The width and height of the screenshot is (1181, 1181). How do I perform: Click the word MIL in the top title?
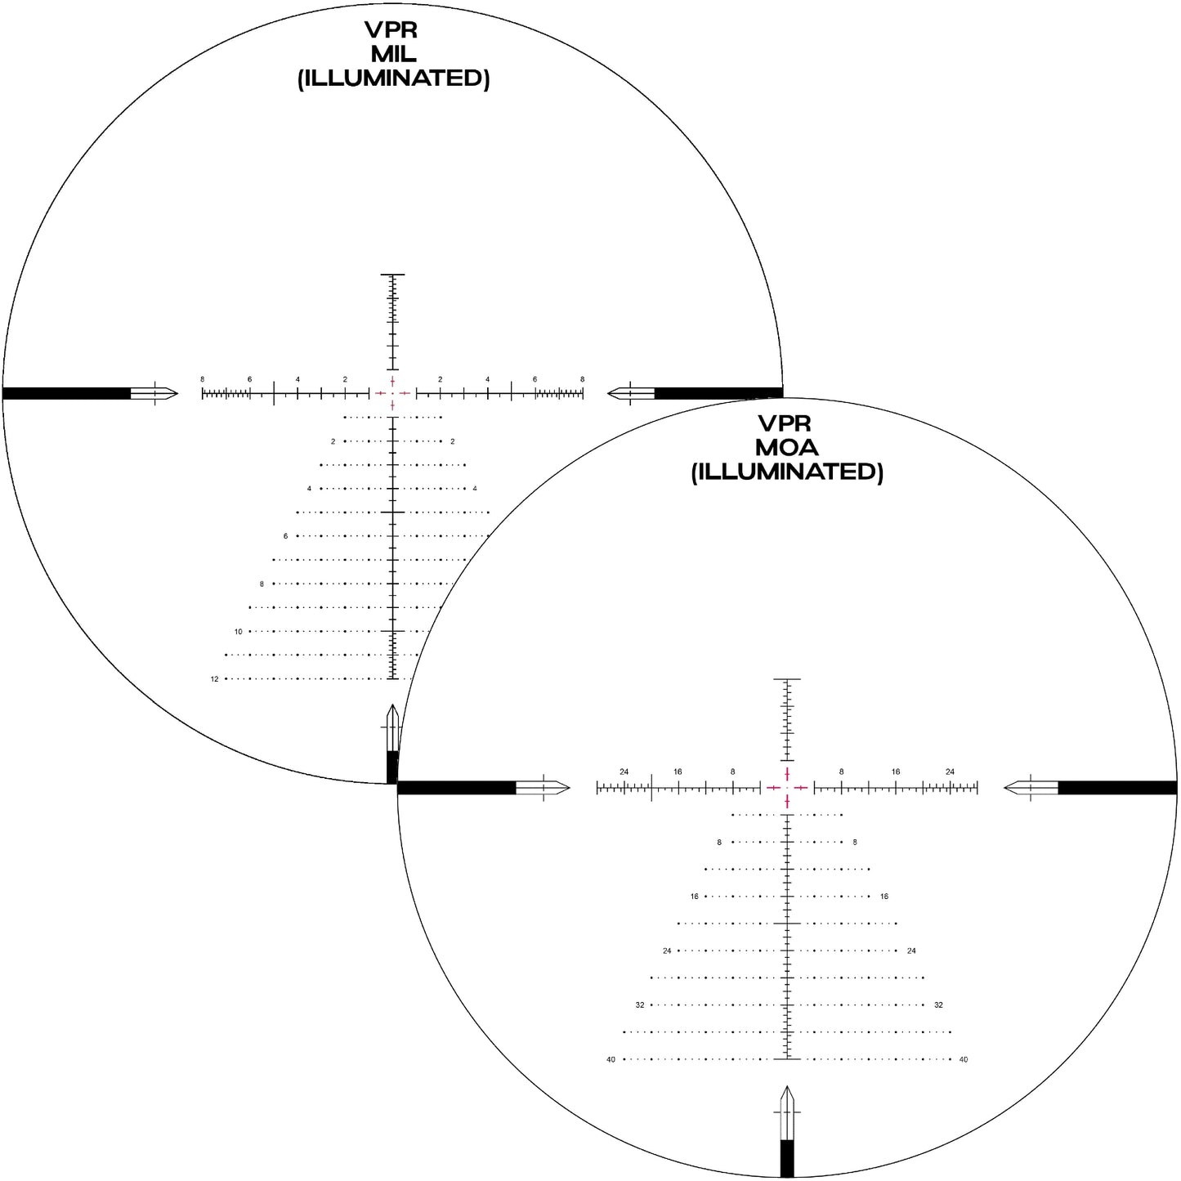(x=393, y=55)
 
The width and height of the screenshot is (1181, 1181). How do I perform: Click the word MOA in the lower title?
(x=786, y=448)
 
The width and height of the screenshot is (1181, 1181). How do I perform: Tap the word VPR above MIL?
(x=391, y=30)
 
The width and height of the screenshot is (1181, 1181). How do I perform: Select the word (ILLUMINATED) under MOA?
(x=787, y=472)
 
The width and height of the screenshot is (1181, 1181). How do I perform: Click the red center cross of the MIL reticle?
(x=393, y=393)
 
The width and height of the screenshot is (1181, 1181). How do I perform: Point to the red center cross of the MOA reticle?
(x=787, y=788)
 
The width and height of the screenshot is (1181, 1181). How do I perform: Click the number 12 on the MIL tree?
(x=214, y=679)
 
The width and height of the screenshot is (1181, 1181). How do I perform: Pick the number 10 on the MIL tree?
(x=239, y=632)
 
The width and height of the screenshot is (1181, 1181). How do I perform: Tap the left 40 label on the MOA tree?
(x=611, y=1060)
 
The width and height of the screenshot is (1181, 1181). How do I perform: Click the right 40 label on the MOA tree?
(x=964, y=1060)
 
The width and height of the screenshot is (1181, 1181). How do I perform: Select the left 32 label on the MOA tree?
(x=640, y=1005)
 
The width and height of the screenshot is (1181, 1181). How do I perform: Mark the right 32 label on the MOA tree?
(x=938, y=1005)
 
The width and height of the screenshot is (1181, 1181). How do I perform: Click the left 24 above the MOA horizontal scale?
(x=624, y=772)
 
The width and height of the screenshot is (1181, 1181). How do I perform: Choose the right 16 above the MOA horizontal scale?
(x=896, y=772)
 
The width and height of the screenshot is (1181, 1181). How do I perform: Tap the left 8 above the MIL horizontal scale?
(x=203, y=379)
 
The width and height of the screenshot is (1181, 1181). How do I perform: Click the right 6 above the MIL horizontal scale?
(x=535, y=379)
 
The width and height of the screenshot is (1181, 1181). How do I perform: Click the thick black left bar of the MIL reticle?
(x=66, y=393)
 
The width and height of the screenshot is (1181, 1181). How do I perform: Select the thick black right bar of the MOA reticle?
(x=1117, y=788)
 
